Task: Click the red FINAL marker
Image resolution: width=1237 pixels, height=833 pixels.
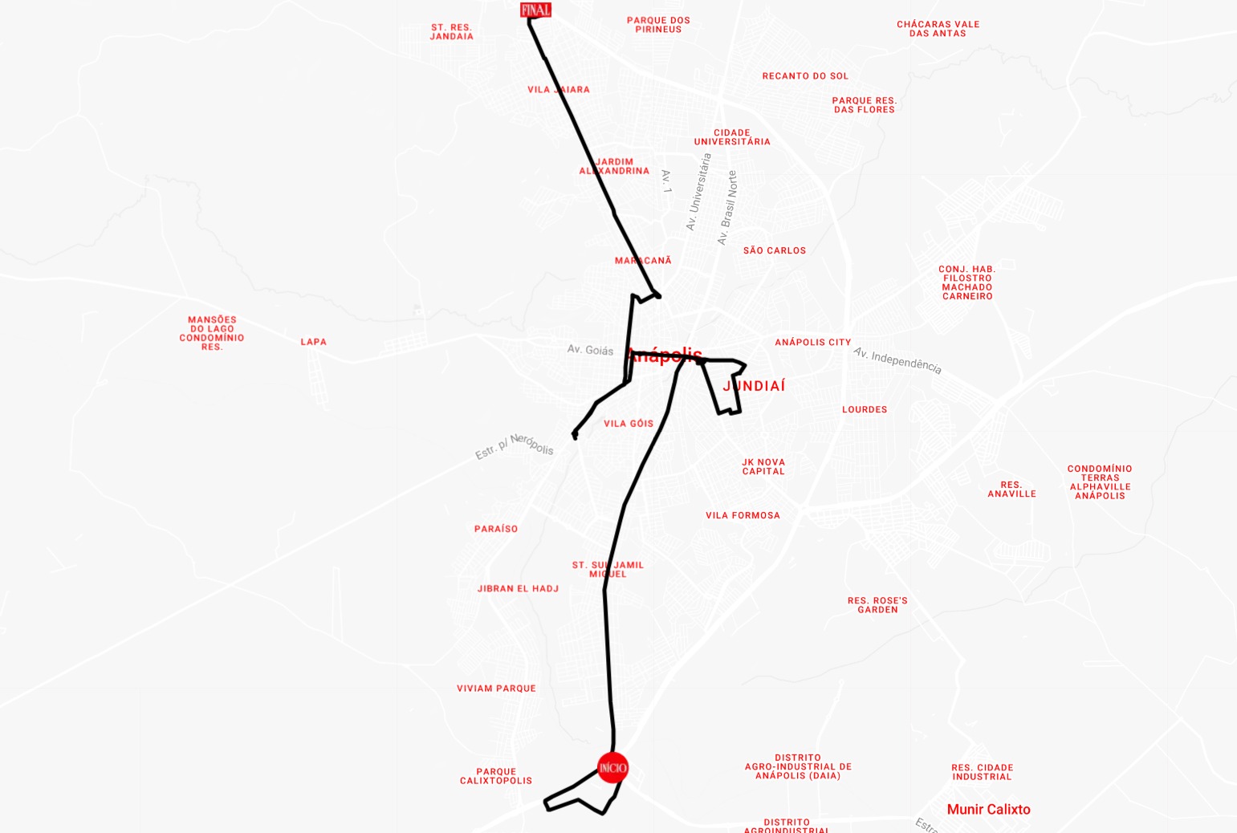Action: [x=535, y=10]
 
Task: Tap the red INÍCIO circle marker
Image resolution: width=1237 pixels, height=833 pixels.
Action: [x=612, y=768]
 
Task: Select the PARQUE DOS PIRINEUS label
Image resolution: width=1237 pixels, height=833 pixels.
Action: [x=658, y=25]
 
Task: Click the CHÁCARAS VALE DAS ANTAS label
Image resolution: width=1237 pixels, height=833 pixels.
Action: [x=938, y=29]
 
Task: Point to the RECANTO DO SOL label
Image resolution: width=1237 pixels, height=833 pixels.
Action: [x=805, y=76]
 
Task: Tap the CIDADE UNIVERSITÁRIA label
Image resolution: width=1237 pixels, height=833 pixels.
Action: [x=732, y=137]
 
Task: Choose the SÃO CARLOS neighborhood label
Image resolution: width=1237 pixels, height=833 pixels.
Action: [x=775, y=250]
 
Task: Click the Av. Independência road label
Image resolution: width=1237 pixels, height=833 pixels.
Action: [x=897, y=360]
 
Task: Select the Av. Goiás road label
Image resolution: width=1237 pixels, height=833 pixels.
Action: [x=590, y=350]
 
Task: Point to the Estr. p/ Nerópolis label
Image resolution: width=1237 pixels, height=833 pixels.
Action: [x=515, y=446]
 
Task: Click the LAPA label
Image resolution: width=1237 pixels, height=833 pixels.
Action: [x=314, y=342]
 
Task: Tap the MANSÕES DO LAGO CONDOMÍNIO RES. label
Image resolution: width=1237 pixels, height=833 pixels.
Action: [x=212, y=333]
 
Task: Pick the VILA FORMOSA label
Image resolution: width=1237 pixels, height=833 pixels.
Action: [x=743, y=515]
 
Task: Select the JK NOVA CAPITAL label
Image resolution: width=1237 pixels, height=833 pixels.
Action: [x=763, y=466]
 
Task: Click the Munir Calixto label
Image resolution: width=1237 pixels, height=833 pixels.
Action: [x=988, y=809]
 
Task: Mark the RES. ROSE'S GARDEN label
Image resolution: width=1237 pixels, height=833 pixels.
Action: [x=877, y=605]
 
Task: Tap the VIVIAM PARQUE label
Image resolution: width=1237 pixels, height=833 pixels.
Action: [x=496, y=689]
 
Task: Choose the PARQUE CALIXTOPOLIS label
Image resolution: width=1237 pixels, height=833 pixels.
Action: [x=496, y=776]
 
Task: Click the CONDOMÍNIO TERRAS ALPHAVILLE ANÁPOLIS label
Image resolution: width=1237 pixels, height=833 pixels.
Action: [x=1100, y=482]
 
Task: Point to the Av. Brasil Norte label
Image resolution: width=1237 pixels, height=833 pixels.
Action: [x=726, y=208]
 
